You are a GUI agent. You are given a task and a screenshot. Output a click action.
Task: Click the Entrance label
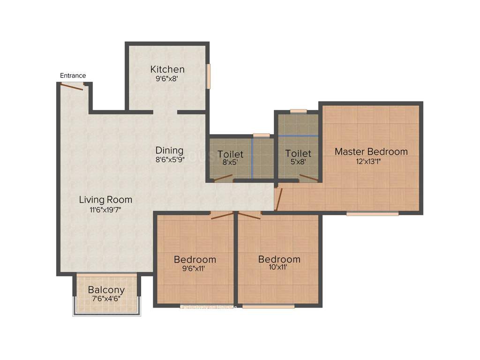73,75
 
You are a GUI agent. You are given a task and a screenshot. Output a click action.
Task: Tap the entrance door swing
72,87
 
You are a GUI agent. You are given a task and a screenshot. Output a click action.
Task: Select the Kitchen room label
167,69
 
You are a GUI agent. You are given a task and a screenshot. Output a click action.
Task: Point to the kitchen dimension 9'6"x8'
167,79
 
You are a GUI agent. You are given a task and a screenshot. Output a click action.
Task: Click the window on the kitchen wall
209,75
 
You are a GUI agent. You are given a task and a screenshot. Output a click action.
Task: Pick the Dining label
169,150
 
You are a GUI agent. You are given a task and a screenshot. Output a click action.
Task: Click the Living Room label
105,200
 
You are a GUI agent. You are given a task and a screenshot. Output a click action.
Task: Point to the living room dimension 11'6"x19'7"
105,210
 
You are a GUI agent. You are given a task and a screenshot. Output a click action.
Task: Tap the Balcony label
106,290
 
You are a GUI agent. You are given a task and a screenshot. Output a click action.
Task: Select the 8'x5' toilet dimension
230,163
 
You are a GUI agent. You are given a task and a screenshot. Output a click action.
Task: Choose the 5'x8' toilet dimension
298,163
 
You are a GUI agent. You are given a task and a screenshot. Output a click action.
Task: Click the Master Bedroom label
371,151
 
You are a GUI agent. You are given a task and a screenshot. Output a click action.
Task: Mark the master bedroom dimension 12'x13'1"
371,161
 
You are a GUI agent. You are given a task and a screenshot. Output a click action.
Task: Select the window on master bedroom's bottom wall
372,214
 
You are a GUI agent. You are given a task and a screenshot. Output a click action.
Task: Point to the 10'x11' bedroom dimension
279,269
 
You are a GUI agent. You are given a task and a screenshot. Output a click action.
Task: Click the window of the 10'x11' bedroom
268,307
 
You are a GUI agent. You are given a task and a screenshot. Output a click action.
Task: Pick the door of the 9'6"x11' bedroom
221,216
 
